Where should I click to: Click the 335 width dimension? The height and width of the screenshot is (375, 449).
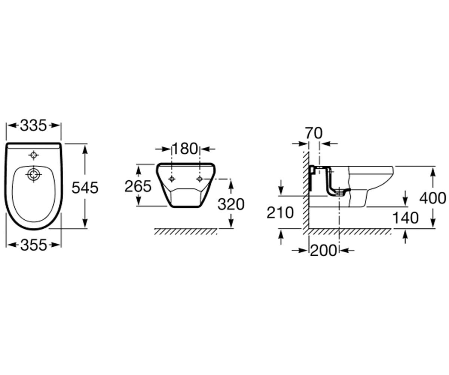pyautogui.click(x=33, y=125)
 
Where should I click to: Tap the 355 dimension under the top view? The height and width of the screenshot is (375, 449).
pyautogui.click(x=34, y=245)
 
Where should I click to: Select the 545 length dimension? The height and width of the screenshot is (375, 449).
pyautogui.click(x=85, y=188)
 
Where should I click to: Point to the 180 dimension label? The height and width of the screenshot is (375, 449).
pyautogui.click(x=185, y=149)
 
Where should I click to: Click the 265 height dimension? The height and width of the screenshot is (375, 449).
pyautogui.click(x=138, y=186)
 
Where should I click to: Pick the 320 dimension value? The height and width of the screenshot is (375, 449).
pyautogui.click(x=231, y=204)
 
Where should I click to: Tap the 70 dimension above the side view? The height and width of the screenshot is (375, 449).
pyautogui.click(x=314, y=133)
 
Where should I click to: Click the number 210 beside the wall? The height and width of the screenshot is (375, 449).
pyautogui.click(x=280, y=213)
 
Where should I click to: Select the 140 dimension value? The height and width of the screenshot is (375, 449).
pyautogui.click(x=406, y=218)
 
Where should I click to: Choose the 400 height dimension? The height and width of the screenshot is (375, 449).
pyautogui.click(x=433, y=198)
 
